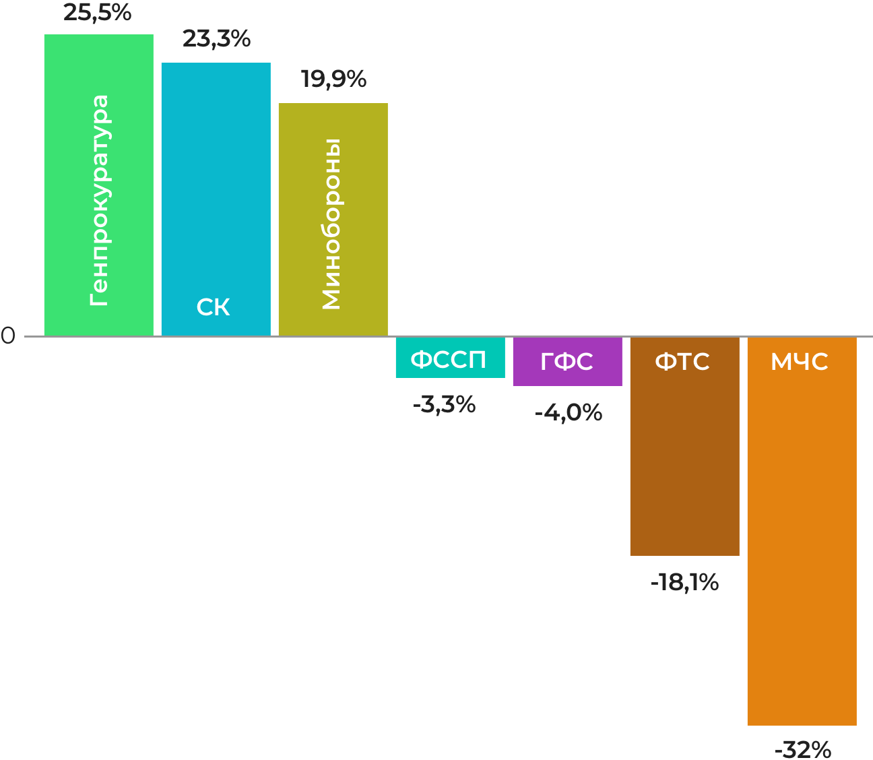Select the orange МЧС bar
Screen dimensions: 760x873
coord(802,539)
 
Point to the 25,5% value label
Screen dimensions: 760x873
coord(98,12)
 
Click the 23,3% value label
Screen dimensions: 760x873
coord(216,39)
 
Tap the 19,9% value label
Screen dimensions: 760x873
coord(333,80)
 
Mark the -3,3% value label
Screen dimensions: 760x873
coord(444,406)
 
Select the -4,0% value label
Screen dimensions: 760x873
coord(568,412)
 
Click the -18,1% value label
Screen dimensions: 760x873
coord(684,582)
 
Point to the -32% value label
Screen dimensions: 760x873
coord(802,749)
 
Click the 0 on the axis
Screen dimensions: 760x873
coord(8,336)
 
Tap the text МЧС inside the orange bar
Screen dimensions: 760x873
coord(799,362)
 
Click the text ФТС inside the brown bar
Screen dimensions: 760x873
coord(682,362)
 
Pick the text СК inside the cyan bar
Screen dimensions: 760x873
coord(213,307)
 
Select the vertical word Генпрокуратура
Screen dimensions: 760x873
coord(99,201)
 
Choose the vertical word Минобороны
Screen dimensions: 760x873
coord(331,224)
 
